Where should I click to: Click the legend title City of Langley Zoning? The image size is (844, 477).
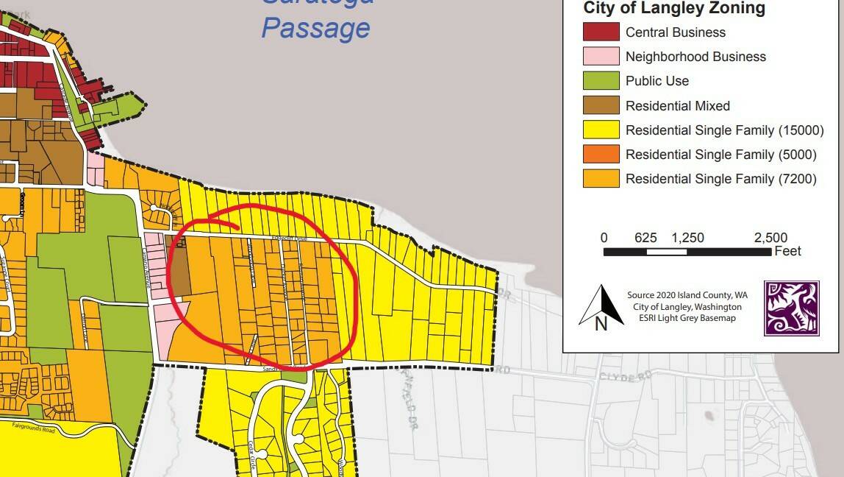674,9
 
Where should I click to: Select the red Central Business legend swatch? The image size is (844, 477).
601,32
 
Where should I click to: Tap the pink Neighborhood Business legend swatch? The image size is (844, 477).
601,57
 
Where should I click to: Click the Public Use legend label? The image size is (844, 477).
657,81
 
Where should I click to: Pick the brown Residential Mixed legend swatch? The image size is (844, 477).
601,105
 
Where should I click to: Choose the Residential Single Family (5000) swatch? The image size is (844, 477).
601,155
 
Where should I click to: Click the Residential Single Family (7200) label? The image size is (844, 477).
720,179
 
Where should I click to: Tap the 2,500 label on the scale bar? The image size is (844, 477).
770,238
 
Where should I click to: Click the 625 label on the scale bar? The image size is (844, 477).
645,238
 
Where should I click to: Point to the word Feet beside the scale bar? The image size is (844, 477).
787,252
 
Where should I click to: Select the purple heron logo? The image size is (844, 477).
791,308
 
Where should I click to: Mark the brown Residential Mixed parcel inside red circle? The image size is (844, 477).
179,269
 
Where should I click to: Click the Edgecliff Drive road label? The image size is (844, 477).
294,239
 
